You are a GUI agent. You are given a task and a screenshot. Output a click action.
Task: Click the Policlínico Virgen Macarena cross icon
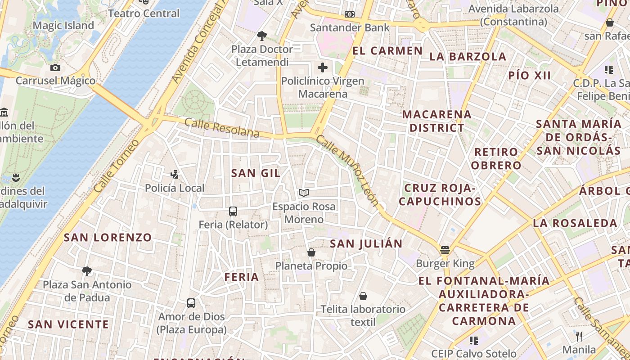click(x=323, y=67)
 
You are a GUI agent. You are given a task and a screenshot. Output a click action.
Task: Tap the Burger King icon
click(x=445, y=250)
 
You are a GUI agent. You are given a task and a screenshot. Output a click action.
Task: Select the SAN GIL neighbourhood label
click(x=256, y=173)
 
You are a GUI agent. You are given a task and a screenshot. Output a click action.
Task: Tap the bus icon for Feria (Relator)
click(x=233, y=211)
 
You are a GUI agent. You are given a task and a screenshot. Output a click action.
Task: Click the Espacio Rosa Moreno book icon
click(x=304, y=193)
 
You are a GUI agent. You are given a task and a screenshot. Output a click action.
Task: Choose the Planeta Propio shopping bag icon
click(x=311, y=252)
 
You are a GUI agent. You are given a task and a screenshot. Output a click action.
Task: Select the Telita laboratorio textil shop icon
click(x=363, y=296)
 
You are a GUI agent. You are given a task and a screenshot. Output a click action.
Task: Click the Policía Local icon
click(x=174, y=174)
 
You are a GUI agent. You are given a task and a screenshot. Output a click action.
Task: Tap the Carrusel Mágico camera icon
click(x=55, y=67)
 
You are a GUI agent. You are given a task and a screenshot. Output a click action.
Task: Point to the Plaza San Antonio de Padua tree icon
click(x=87, y=271)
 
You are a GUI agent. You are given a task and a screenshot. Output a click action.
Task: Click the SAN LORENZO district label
click(x=108, y=238)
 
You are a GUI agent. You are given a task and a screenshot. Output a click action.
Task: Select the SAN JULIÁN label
click(x=366, y=244)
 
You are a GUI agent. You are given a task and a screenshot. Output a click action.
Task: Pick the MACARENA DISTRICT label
click(x=436, y=121)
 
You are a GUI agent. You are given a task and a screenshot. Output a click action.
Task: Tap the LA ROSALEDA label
click(x=575, y=223)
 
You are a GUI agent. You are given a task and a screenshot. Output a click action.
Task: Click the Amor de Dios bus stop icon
click(x=191, y=303)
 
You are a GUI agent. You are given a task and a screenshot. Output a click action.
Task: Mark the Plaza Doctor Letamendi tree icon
click(x=261, y=36)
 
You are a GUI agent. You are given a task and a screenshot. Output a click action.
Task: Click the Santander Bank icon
click(x=350, y=14)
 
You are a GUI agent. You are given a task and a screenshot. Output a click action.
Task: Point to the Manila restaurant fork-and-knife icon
click(x=579, y=336)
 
